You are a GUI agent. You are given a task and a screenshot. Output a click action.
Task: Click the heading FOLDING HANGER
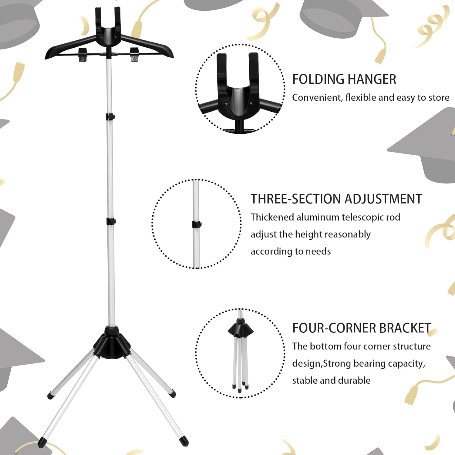pyautogui.click(x=344, y=79)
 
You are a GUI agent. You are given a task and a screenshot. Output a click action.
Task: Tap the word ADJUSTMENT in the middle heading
pyautogui.click(x=383, y=199)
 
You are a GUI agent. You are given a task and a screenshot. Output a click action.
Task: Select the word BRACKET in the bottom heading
pyautogui.click(x=405, y=328)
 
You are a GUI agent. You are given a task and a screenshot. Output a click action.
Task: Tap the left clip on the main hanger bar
pyautogui.click(x=83, y=54)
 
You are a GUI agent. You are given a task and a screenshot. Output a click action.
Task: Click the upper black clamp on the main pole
pyautogui.click(x=110, y=116)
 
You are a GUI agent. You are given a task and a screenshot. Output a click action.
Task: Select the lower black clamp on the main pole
pyautogui.click(x=111, y=221)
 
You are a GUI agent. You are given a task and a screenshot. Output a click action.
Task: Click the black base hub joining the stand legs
pyautogui.click(x=112, y=344)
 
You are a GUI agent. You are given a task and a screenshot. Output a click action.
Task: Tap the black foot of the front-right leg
pyautogui.click(x=184, y=441)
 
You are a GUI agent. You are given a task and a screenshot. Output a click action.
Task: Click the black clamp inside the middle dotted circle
pyautogui.click(x=197, y=225)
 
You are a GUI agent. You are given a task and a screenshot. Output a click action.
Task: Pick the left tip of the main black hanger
pyautogui.click(x=48, y=56)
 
